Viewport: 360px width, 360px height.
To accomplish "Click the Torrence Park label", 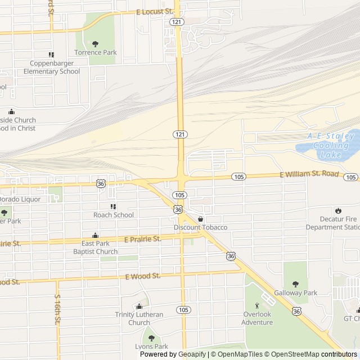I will click(95, 52).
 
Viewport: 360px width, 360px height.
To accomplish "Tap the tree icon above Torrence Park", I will click(95, 43).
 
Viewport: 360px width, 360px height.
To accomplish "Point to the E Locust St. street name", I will click(155, 11).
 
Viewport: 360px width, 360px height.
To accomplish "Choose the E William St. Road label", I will click(309, 175).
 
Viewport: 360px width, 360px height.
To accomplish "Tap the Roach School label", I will click(114, 215).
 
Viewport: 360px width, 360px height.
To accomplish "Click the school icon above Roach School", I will click(114, 206).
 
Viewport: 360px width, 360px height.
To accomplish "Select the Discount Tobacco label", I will click(200, 227).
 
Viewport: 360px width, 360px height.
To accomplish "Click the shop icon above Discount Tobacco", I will click(200, 219).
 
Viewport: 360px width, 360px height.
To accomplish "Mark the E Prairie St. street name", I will click(142, 239).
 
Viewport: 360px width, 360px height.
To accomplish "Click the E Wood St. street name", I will click(143, 276).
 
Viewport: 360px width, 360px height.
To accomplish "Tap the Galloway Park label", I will click(295, 292).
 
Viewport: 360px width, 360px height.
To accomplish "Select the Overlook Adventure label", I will click(257, 318).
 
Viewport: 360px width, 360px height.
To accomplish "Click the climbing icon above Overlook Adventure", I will click(257, 305).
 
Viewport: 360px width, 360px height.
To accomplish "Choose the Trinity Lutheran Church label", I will click(139, 318).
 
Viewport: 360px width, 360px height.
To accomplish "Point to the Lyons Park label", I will click(151, 346).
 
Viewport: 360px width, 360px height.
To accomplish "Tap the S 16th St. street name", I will click(57, 309).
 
